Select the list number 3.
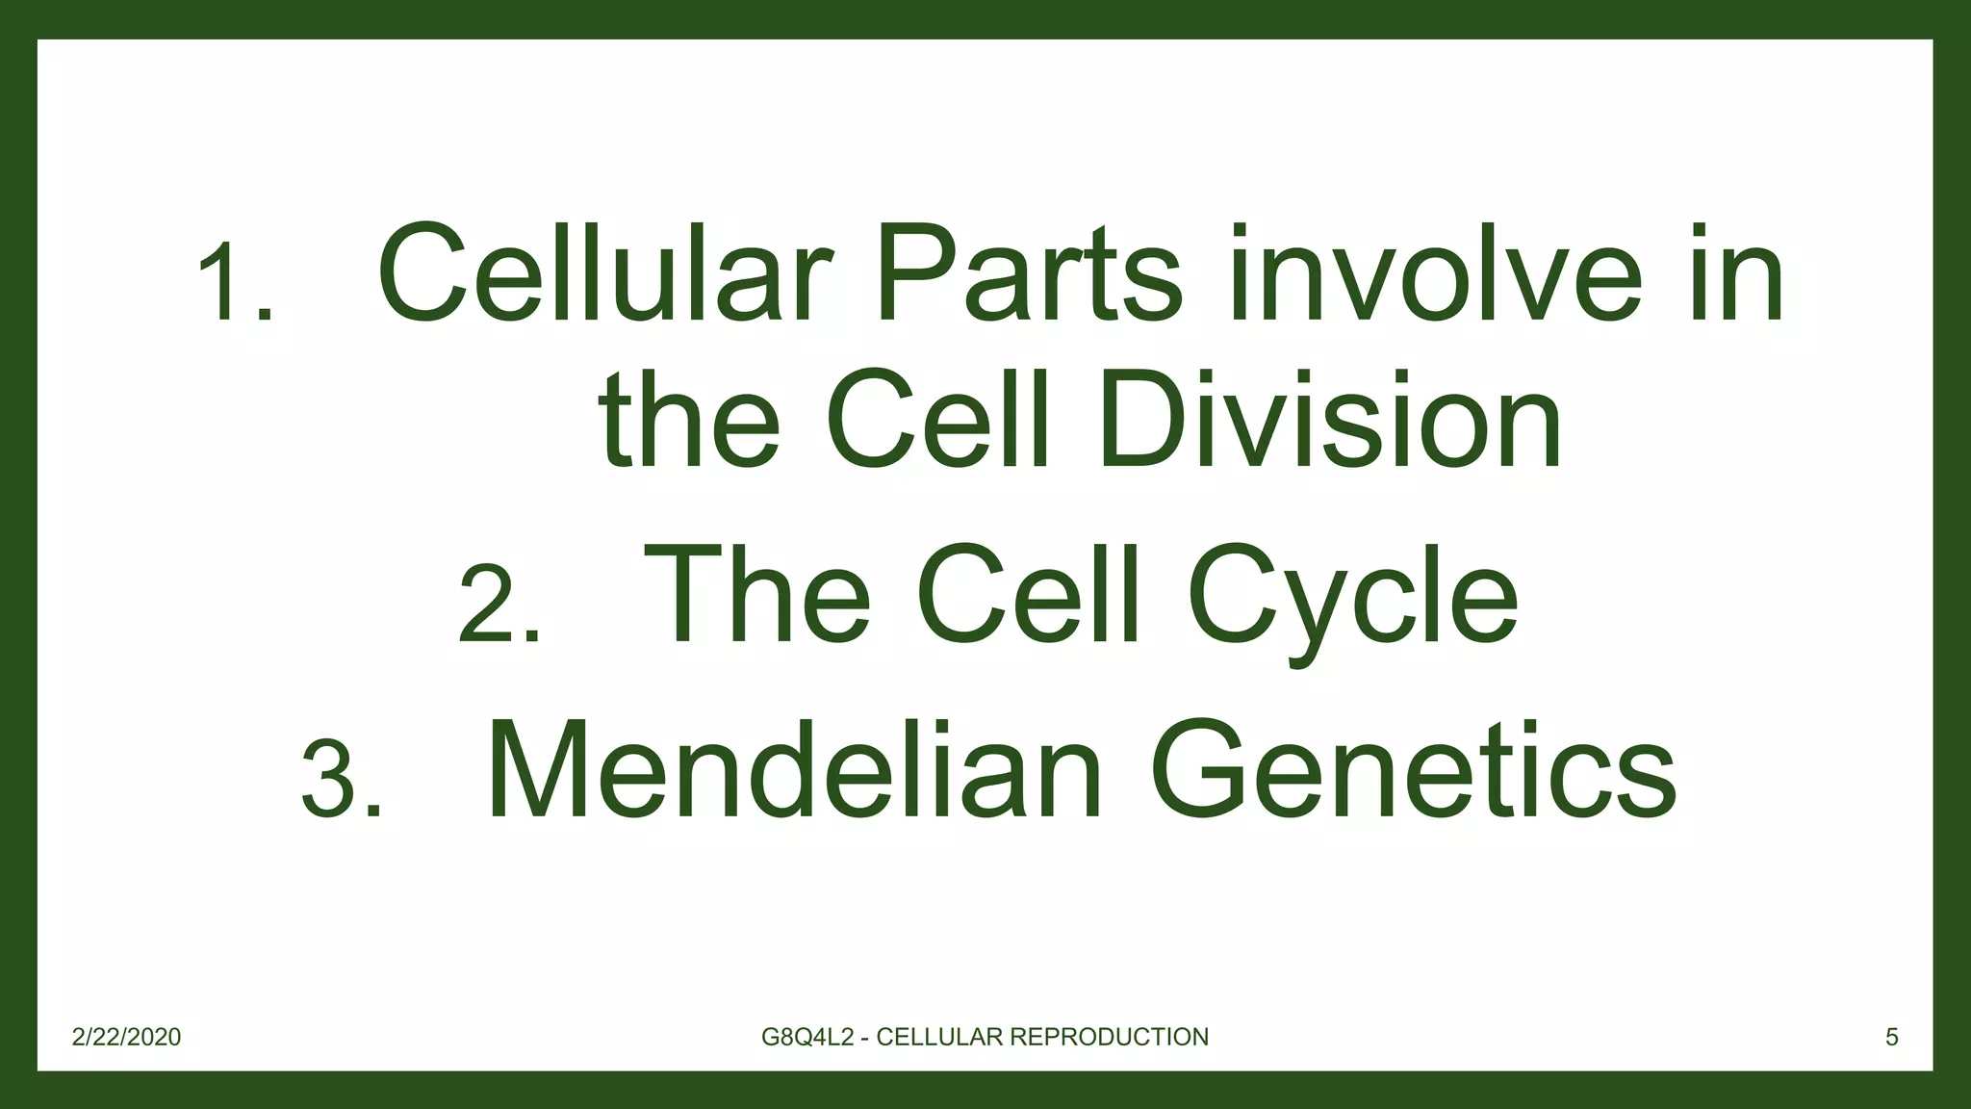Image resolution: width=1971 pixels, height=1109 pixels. pyautogui.click(x=342, y=780)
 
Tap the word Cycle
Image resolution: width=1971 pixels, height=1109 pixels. pyautogui.click(x=1352, y=595)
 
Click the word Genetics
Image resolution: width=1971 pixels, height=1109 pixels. pyautogui.click(x=1413, y=770)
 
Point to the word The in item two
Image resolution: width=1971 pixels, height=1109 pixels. pyautogui.click(x=757, y=593)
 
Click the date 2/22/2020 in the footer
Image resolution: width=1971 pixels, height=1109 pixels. pyautogui.click(x=126, y=1037)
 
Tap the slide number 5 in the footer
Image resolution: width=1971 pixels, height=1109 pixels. pyautogui.click(x=1891, y=1037)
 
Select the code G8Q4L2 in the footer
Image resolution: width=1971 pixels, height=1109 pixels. pyautogui.click(x=807, y=1037)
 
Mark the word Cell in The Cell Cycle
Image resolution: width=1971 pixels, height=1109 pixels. pyautogui.click(x=1028, y=593)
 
